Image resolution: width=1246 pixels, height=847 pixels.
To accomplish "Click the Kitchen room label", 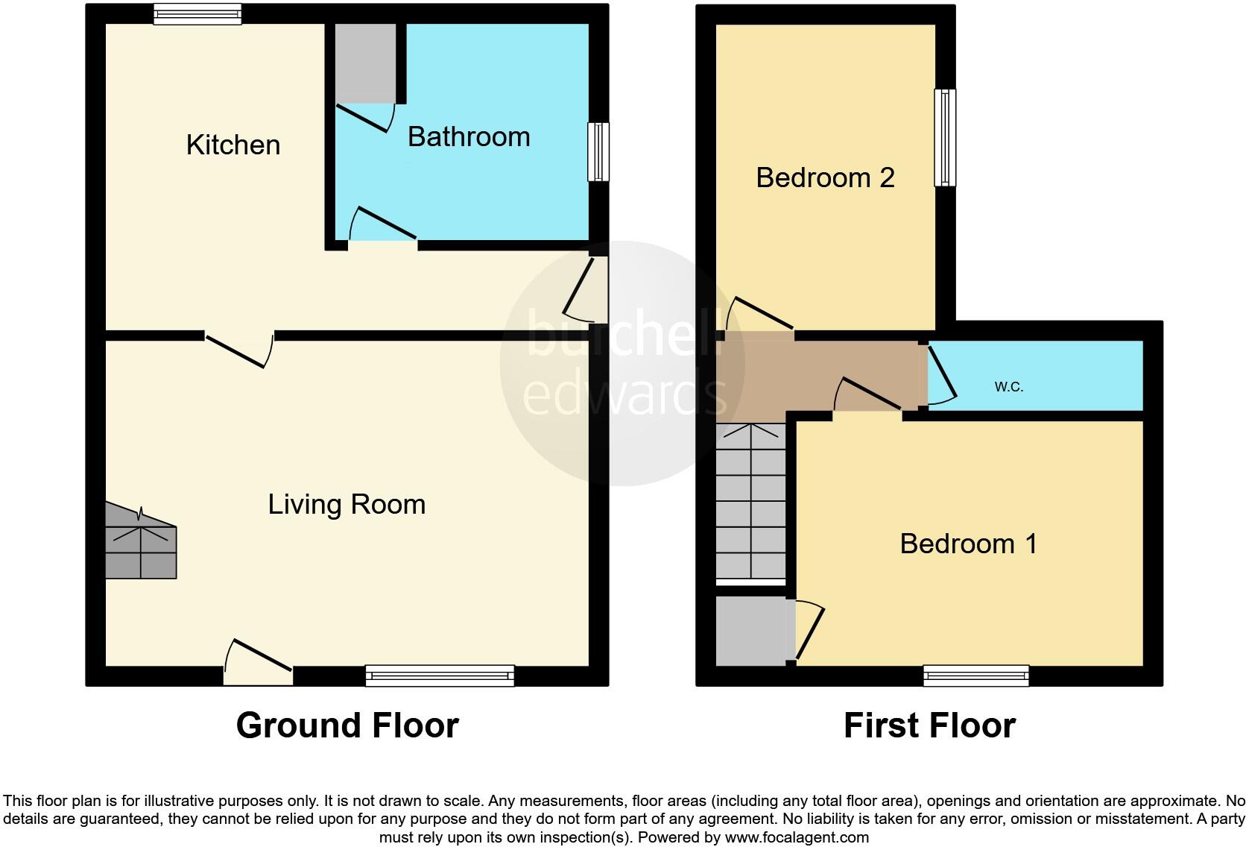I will tap(233, 145).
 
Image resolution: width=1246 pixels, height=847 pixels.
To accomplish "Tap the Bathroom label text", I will tap(469, 136).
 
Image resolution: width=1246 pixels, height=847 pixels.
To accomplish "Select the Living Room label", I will tap(347, 504).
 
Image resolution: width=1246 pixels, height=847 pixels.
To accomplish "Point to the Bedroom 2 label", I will tap(825, 177).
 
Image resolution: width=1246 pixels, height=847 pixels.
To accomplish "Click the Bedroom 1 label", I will tap(968, 544).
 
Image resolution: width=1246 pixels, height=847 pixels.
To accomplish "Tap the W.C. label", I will tap(1008, 386).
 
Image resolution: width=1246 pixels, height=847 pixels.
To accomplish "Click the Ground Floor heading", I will tap(347, 725).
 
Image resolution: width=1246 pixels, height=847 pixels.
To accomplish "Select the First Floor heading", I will tap(929, 725).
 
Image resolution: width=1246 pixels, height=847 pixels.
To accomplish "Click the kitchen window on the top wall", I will tap(197, 13).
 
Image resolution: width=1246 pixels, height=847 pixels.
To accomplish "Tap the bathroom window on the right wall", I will tap(598, 151).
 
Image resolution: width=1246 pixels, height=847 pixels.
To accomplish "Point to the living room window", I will tap(440, 676).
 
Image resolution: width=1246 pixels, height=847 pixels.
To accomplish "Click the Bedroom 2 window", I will tap(945, 137).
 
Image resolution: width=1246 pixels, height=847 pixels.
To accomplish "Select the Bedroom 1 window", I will tap(976, 676).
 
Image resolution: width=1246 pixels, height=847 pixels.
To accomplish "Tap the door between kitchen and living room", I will tap(238, 349).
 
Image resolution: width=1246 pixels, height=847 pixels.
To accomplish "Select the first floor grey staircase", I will tap(750, 503).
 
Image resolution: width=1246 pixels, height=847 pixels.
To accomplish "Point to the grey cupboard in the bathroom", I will tap(365, 63).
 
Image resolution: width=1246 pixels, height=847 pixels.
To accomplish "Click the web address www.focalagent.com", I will tap(797, 837).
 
